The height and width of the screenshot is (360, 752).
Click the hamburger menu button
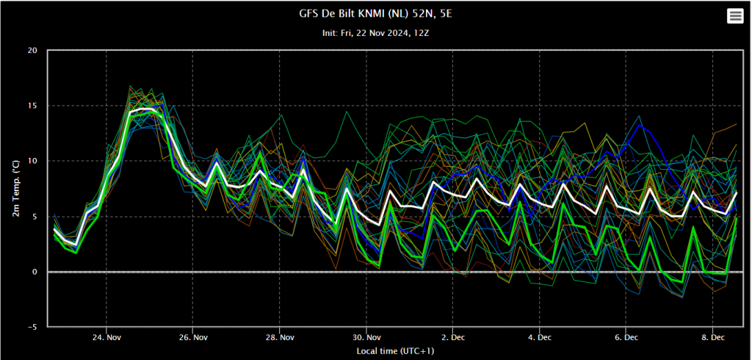coord(735,16)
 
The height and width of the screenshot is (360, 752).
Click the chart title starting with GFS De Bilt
coord(375,14)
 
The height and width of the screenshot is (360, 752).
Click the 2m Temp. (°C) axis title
coord(16,188)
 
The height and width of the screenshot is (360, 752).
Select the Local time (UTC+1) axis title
coord(396,351)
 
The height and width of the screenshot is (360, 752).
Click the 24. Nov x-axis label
coord(106,337)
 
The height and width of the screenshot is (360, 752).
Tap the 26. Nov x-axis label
coord(193,337)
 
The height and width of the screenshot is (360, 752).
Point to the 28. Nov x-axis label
coord(280,337)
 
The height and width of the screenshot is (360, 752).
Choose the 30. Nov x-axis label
coord(366,337)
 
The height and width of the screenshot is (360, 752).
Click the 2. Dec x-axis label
coord(452,337)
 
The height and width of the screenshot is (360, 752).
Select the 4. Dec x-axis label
coord(540,337)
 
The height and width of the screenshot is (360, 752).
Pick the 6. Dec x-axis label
coord(626,337)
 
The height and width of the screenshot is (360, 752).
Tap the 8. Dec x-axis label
coord(712,337)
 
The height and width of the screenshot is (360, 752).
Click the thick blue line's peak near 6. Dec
coord(639,125)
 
